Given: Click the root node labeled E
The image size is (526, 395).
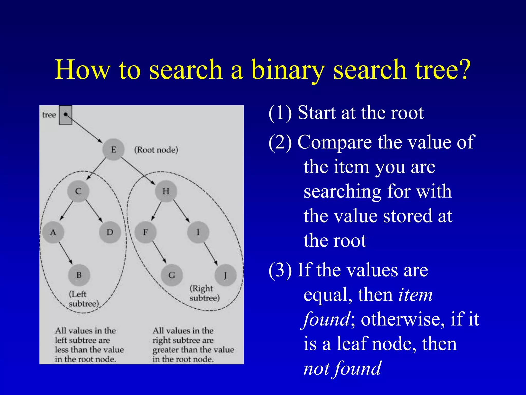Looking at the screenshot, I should coord(113,149).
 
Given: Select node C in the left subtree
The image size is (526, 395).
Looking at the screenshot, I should coord(78,191).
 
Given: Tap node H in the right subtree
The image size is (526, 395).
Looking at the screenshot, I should coord(166,191).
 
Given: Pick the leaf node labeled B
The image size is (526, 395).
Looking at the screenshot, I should coord(79,275).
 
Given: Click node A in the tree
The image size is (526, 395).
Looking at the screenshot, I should coord(53,232).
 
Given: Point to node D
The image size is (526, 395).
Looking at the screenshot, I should coord(110,232).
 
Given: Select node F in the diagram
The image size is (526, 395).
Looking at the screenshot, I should coord(145,232).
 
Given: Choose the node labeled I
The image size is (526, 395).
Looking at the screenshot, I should coord(198,232).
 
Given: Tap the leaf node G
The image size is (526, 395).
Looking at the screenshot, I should coord(172,275).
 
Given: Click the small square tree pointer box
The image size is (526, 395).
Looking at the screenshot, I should coord(65,115).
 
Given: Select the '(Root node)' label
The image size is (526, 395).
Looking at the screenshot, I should coord(156,150).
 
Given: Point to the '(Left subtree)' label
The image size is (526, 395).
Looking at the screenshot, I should coord(84,299).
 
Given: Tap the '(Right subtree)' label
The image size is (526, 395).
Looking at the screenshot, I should coord(204,293).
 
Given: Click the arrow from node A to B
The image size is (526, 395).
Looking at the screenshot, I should coord(66,253).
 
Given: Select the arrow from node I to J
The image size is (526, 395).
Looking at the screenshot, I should coord(211,254).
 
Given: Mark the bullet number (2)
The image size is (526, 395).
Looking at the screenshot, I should coord(280,142).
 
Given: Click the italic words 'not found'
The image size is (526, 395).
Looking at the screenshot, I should coord(342,368).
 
